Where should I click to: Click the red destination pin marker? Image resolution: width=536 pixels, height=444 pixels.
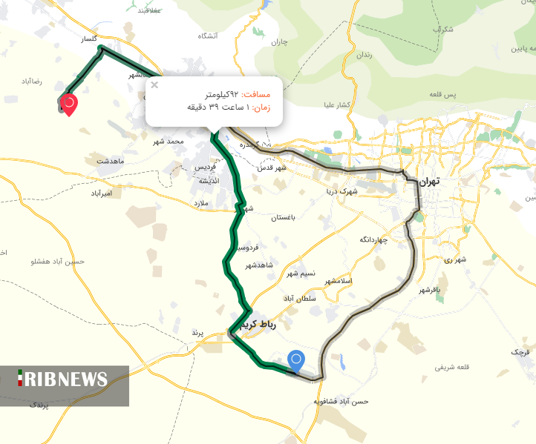(69, 104)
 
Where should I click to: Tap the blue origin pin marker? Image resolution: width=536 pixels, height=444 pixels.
(296, 361)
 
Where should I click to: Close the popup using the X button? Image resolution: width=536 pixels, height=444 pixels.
(154, 85)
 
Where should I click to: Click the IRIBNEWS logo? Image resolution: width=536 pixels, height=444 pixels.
(64, 380)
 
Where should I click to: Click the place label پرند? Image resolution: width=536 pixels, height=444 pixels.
(197, 333)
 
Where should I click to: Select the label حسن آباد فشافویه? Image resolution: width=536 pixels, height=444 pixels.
(341, 401)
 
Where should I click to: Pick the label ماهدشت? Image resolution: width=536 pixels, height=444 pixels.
(108, 161)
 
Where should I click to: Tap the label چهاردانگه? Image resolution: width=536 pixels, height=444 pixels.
(373, 240)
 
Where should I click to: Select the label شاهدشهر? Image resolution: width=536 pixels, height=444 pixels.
(260, 265)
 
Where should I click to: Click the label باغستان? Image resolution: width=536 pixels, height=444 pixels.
(284, 218)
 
